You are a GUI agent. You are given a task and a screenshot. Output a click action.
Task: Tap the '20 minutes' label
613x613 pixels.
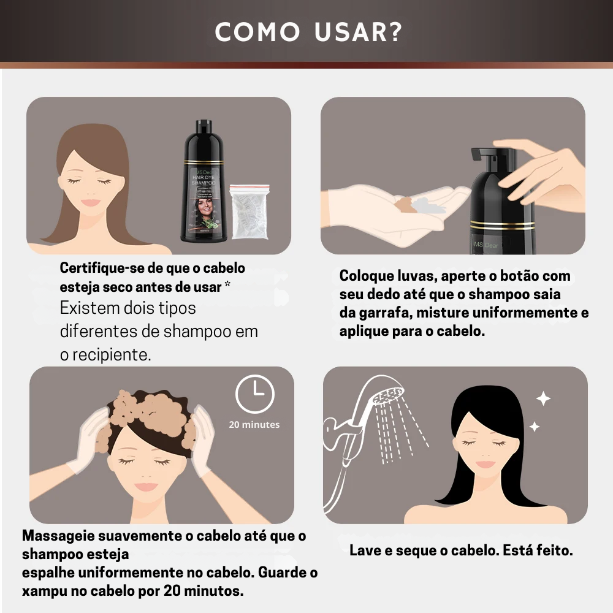(254, 424)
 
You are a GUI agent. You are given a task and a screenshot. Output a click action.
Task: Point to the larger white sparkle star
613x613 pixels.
(543, 399)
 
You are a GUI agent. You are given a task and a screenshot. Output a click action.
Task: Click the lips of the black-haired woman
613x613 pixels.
(485, 464)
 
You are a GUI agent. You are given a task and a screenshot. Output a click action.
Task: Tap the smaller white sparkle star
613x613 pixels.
(534, 426)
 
